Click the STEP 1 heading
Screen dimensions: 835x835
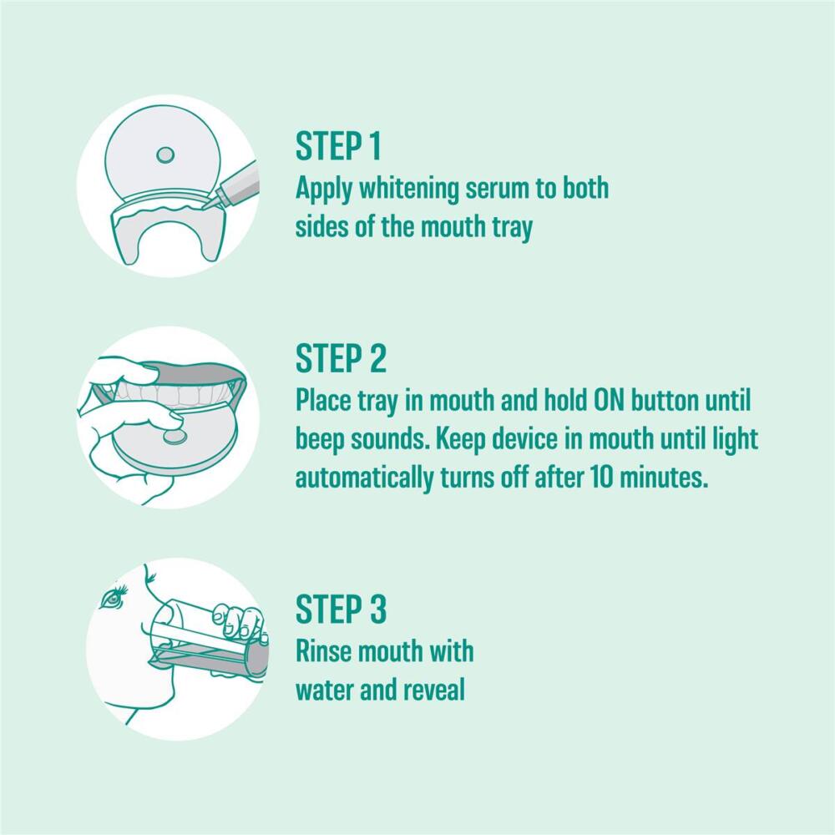(x=338, y=146)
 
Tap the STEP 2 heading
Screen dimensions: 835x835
(x=341, y=358)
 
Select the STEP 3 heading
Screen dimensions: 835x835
(x=341, y=609)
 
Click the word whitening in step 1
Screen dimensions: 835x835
(x=408, y=190)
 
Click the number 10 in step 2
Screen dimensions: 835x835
(x=600, y=478)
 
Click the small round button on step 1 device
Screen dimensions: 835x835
(x=165, y=155)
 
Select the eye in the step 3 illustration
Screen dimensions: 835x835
(x=114, y=598)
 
